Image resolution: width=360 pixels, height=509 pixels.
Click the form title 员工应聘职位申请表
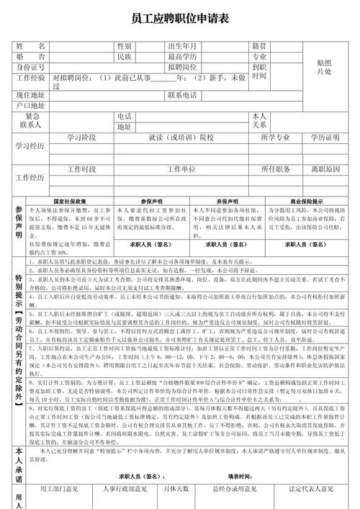(180, 19)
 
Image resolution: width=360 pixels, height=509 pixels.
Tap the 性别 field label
(125, 45)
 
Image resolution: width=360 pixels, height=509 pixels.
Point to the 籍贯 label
(260, 45)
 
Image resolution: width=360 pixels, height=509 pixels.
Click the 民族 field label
(125, 56)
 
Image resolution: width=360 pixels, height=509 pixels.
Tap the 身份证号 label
(31, 67)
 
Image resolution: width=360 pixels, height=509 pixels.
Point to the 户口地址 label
(31, 106)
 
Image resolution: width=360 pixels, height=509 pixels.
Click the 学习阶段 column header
(81, 137)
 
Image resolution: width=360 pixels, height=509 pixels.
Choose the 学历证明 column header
(325, 137)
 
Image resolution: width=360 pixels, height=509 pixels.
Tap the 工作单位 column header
(181, 169)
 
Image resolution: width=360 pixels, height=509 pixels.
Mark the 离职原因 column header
(325, 169)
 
